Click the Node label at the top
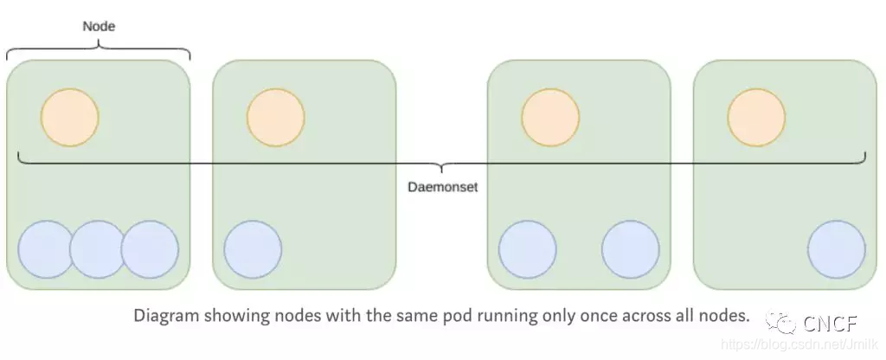[99, 27]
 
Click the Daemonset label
[442, 186]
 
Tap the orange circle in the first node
[70, 118]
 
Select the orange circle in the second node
[275, 118]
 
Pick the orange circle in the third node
[550, 118]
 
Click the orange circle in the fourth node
[756, 118]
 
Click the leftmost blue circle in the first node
[46, 249]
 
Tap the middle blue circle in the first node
[98, 249]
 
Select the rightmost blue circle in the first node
[150, 249]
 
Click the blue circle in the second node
[253, 249]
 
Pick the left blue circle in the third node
[527, 249]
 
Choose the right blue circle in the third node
[631, 249]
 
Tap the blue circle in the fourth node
[837, 249]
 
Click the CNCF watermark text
[829, 325]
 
